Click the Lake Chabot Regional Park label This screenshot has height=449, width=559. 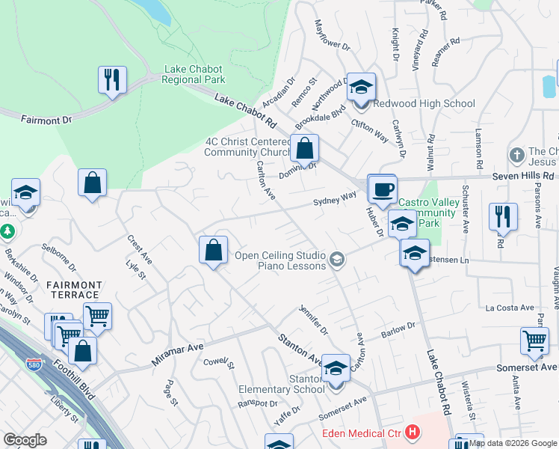tap(194, 74)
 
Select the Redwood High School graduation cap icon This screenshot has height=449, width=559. tap(361, 87)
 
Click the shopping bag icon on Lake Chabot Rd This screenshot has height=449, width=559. tap(304, 147)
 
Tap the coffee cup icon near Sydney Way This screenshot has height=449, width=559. tap(382, 188)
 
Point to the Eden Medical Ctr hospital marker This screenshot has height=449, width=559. tap(412, 433)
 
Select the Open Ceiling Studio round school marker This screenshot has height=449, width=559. tap(337, 260)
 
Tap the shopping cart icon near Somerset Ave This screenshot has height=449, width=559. tap(534, 341)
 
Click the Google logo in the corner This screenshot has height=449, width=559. tap(25, 440)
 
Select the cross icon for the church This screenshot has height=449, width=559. tap(516, 156)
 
